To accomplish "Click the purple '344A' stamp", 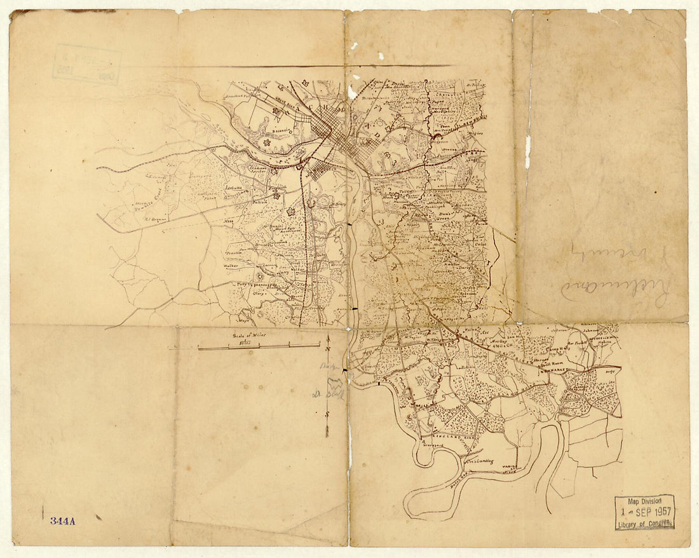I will click(x=63, y=521).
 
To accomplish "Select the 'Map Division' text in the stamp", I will click(x=644, y=501).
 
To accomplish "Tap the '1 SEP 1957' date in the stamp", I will click(x=644, y=512).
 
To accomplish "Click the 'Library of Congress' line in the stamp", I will click(x=644, y=524).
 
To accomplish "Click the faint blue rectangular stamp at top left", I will click(x=86, y=64).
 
